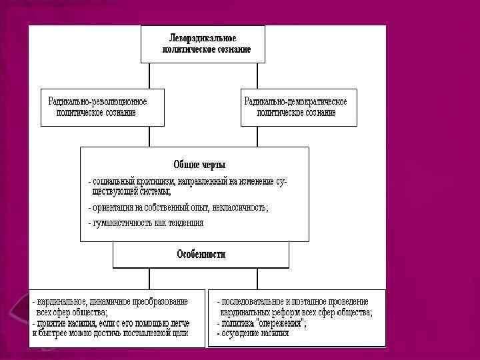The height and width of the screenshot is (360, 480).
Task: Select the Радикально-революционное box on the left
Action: [x=102, y=107]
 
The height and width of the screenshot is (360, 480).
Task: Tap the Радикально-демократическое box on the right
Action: [x=298, y=107]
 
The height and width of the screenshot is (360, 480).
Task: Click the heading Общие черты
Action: [x=199, y=164]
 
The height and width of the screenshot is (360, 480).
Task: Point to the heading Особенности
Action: [x=201, y=254]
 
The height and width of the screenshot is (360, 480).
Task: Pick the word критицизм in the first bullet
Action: [x=157, y=181]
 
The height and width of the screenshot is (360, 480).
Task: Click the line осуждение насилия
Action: [x=257, y=333]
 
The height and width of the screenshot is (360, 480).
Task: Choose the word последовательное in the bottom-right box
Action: [x=256, y=301]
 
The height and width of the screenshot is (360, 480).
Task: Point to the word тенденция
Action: [x=183, y=223]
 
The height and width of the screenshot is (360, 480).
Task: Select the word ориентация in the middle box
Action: [x=113, y=207]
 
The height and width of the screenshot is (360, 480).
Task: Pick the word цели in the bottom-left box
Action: [x=180, y=332]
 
